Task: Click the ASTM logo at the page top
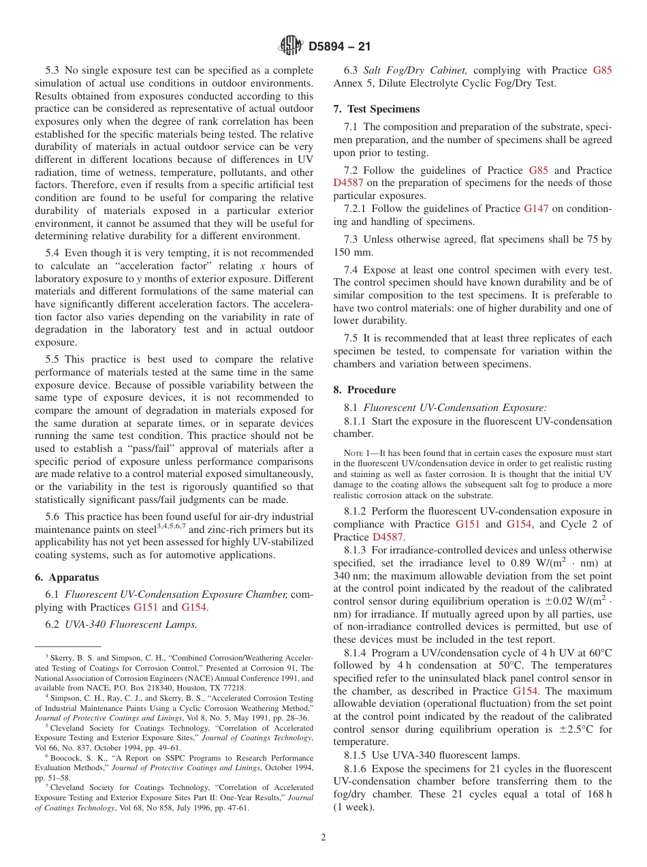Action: pos(291,46)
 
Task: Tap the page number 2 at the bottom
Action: pos(323,837)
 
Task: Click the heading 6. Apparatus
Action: pos(67,577)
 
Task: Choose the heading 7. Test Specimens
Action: pos(377,109)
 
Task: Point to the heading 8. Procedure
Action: pos(364,390)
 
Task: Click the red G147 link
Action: pos(535,209)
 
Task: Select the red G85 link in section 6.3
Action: pos(602,70)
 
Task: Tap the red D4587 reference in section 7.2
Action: pos(348,183)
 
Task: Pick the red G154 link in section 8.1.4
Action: pos(525,691)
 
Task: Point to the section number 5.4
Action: pos(53,253)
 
